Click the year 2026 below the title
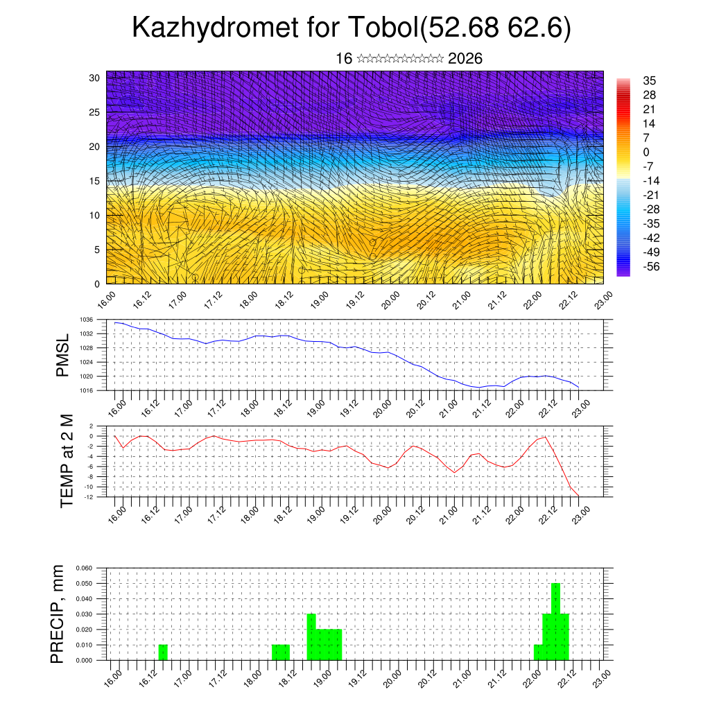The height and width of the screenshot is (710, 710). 465,58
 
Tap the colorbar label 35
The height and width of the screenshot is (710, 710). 649,81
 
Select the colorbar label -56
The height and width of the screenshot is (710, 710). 650,266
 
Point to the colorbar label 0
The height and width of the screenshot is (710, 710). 646,152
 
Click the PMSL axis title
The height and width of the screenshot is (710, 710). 62,355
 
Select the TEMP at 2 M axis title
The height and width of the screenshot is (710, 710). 67,460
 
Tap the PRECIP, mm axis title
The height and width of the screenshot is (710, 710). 58,614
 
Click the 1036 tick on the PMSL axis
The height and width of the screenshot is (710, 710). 86,320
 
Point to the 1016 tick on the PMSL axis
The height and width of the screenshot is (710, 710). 86,390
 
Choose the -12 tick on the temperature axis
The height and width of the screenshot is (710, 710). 88,496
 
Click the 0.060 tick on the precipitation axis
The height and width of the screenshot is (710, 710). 84,568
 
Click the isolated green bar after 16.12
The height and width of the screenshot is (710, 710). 163,652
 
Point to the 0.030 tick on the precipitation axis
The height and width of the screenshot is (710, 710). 84,614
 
